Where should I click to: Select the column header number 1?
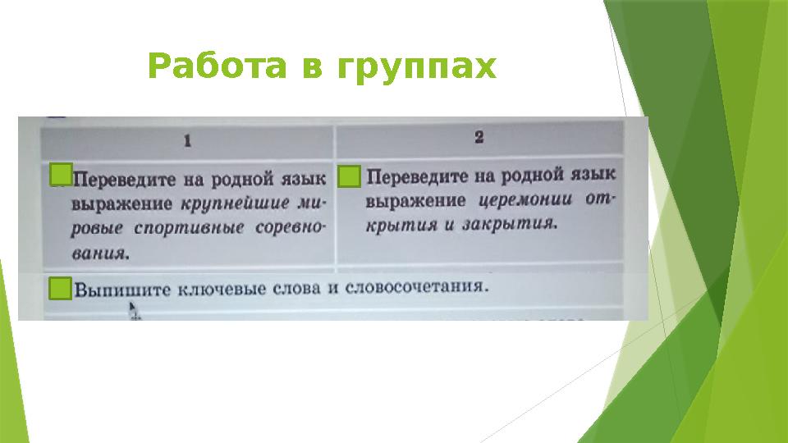pyautogui.click(x=188, y=141)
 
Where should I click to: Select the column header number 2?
pyautogui.click(x=479, y=137)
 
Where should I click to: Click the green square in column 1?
pyautogui.click(x=61, y=175)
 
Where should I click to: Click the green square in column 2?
pyautogui.click(x=350, y=176)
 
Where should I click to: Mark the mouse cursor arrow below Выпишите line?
pyautogui.click(x=134, y=309)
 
